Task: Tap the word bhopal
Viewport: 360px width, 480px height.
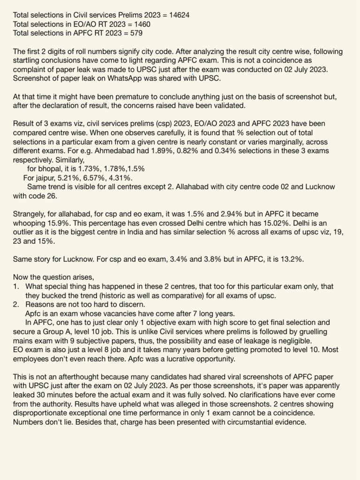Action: pos(51,169)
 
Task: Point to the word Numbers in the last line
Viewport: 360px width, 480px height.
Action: pos(27,422)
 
